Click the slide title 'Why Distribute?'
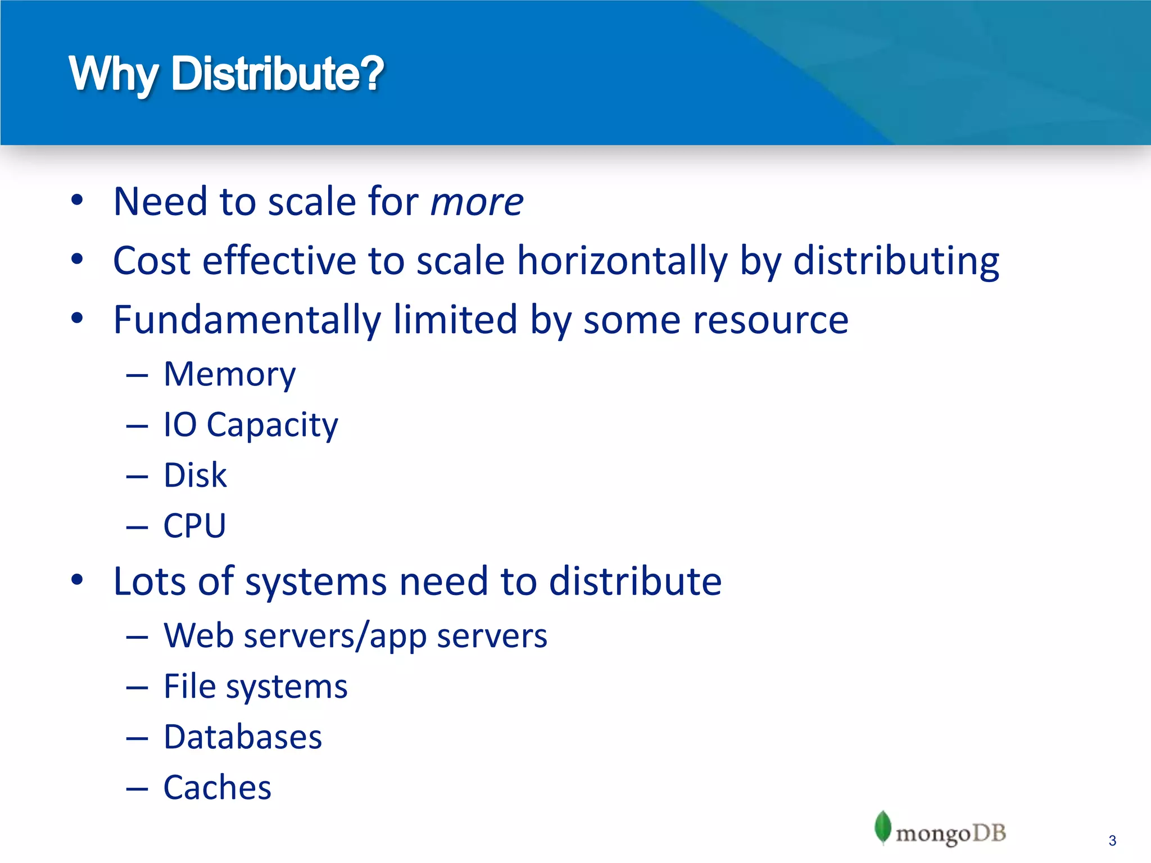click(226, 74)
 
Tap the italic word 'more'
click(477, 202)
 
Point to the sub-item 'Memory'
click(229, 375)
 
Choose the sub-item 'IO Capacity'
click(251, 425)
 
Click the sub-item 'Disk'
click(195, 475)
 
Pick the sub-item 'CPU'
click(194, 526)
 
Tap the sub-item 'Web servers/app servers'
click(355, 636)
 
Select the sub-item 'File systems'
click(256, 687)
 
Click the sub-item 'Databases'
click(243, 737)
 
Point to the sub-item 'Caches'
click(217, 788)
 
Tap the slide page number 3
click(1112, 841)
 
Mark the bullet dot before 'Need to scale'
click(77, 199)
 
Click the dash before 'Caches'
click(137, 789)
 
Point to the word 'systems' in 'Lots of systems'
click(316, 582)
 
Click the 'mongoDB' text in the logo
click(950, 834)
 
